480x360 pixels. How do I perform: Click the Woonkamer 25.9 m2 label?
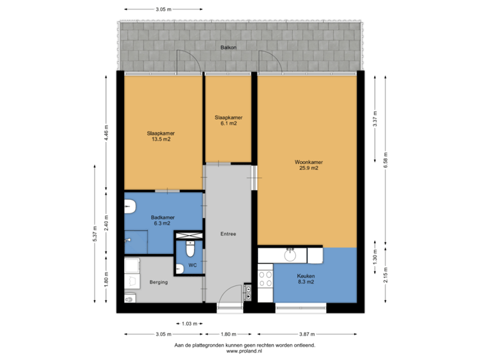pos(307,165)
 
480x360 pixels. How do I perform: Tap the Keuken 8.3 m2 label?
pos(307,279)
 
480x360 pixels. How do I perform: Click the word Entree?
pos(228,234)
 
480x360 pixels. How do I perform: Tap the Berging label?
pos(159,282)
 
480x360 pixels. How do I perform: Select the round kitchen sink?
pos(291,254)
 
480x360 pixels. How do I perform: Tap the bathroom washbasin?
pos(129,209)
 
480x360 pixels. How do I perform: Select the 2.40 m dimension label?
pos(105,221)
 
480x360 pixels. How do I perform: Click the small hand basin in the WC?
pos(179,269)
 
